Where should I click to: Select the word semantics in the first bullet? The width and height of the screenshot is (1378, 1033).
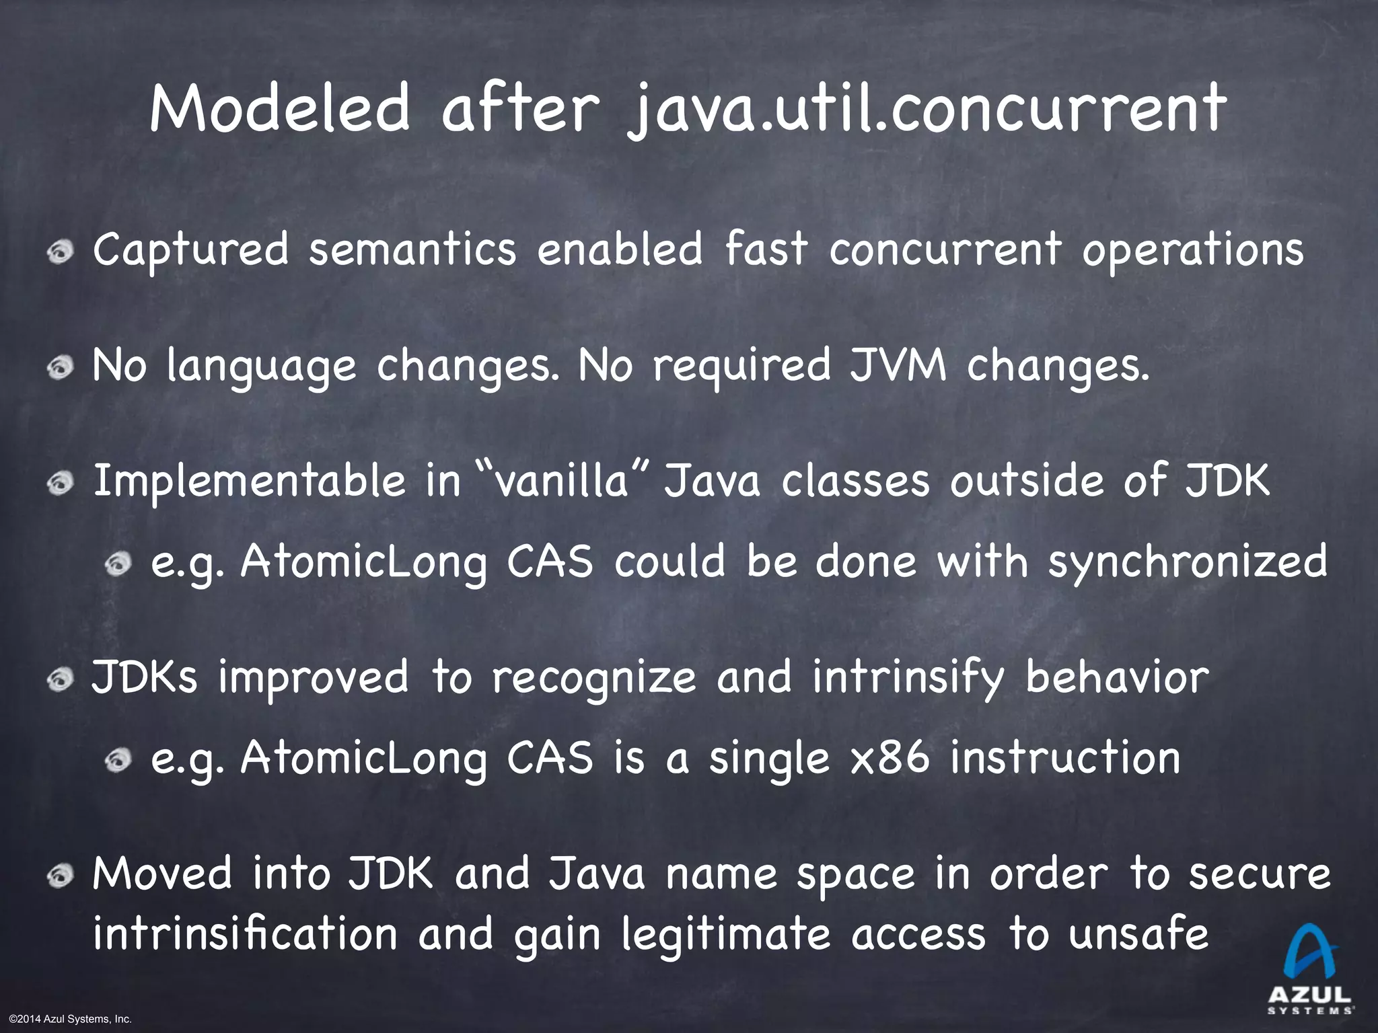[412, 250]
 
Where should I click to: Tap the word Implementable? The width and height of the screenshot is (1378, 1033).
[249, 483]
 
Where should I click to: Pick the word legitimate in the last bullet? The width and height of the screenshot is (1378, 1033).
[725, 936]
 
